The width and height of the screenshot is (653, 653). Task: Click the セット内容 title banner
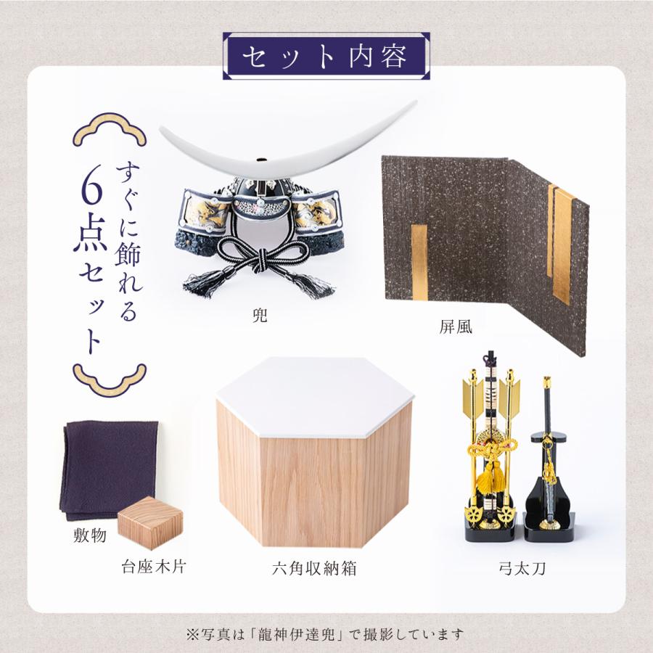[326, 56]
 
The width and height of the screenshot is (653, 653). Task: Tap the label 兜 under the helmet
[260, 316]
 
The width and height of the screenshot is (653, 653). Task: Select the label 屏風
[456, 326]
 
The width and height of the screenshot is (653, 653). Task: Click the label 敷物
[89, 535]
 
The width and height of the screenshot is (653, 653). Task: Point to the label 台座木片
[153, 567]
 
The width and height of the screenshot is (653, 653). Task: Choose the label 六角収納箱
[314, 568]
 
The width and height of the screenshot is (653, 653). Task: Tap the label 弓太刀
[522, 568]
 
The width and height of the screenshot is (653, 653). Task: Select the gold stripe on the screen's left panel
[419, 263]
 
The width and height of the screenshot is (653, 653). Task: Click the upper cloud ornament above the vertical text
[110, 130]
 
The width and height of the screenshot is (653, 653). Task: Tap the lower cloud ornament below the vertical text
[110, 379]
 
